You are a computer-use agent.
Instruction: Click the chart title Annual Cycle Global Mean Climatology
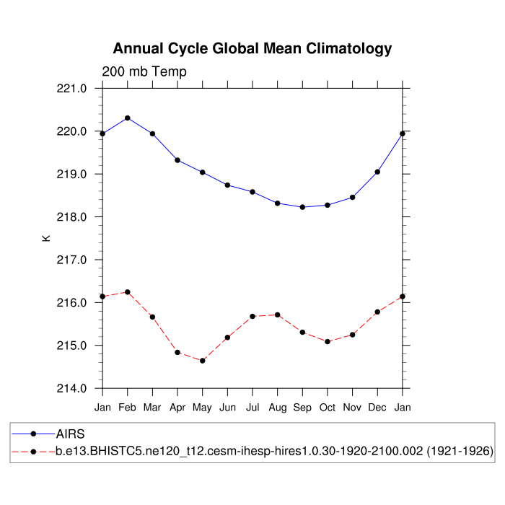tap(252, 49)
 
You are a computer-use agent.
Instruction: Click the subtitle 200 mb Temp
tap(144, 71)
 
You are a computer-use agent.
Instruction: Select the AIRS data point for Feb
tap(128, 118)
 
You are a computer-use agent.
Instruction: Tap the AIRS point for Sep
tap(302, 207)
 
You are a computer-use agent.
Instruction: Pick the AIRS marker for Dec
tap(377, 172)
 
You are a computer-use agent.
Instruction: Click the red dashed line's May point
tap(203, 361)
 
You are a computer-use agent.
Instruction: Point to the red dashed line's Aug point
tap(278, 315)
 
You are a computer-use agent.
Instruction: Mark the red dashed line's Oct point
tap(328, 341)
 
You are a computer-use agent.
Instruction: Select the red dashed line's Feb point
tap(128, 292)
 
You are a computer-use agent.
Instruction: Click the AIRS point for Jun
tap(227, 185)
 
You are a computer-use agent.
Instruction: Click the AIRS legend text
tap(71, 434)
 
